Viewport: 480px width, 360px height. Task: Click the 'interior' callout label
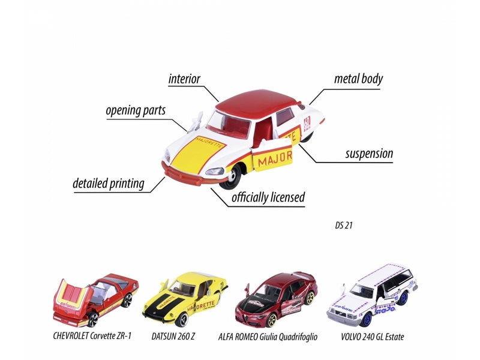184,79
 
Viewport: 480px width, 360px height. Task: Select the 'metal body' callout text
358,79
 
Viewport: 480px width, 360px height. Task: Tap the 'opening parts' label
136,110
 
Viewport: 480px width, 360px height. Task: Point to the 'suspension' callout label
369,154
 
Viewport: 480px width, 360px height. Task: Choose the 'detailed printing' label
109,184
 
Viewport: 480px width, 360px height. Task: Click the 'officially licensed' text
268,197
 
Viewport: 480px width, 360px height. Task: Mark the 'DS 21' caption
344,226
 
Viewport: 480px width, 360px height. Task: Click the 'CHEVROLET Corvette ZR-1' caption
92,336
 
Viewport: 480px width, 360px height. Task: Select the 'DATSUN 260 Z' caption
173,337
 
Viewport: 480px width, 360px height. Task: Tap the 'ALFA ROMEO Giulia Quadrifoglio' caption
268,337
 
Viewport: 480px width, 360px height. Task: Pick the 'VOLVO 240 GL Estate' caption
373,337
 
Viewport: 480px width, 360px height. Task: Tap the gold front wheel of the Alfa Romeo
271,319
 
